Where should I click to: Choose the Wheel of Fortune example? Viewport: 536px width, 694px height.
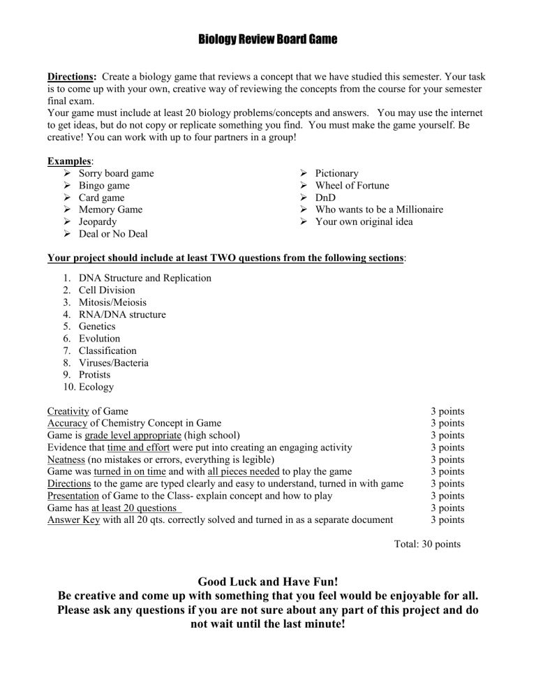352,186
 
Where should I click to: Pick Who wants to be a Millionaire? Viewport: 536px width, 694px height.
379,209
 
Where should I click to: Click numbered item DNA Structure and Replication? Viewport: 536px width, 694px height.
144,278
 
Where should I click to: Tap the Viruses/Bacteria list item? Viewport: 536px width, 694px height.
113,362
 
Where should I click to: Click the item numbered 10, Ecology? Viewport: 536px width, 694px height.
96,387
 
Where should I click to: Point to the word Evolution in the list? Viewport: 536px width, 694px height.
99,339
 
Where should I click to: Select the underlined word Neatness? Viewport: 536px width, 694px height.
68,459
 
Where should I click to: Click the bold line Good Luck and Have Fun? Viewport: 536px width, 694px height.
267,581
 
